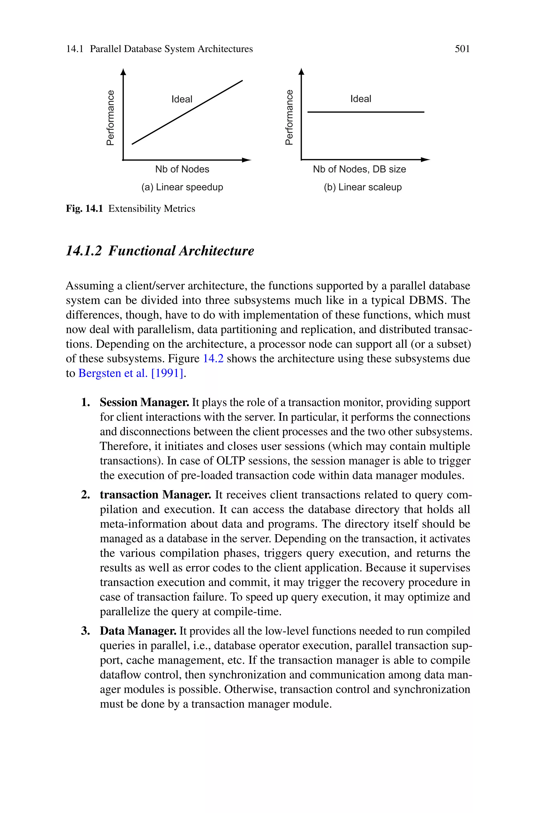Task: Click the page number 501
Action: pos(462,49)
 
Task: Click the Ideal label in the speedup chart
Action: pos(182,99)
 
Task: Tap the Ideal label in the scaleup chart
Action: pos(360,99)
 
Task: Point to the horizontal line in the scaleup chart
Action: pos(366,112)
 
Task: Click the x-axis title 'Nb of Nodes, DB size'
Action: pos(359,169)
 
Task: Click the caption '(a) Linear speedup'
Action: pos(182,187)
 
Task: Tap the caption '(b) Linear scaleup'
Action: pos(363,187)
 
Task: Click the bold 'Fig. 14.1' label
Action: pos(84,208)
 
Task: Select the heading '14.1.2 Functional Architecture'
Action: pos(160,251)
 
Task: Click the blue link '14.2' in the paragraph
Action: pos(213,359)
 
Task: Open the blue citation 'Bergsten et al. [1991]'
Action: pos(131,373)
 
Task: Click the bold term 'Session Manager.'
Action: pos(144,402)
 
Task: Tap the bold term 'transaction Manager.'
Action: pos(155,495)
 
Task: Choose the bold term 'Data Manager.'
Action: pos(138,631)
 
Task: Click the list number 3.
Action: pos(85,631)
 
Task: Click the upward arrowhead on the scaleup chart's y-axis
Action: pos(301,71)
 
